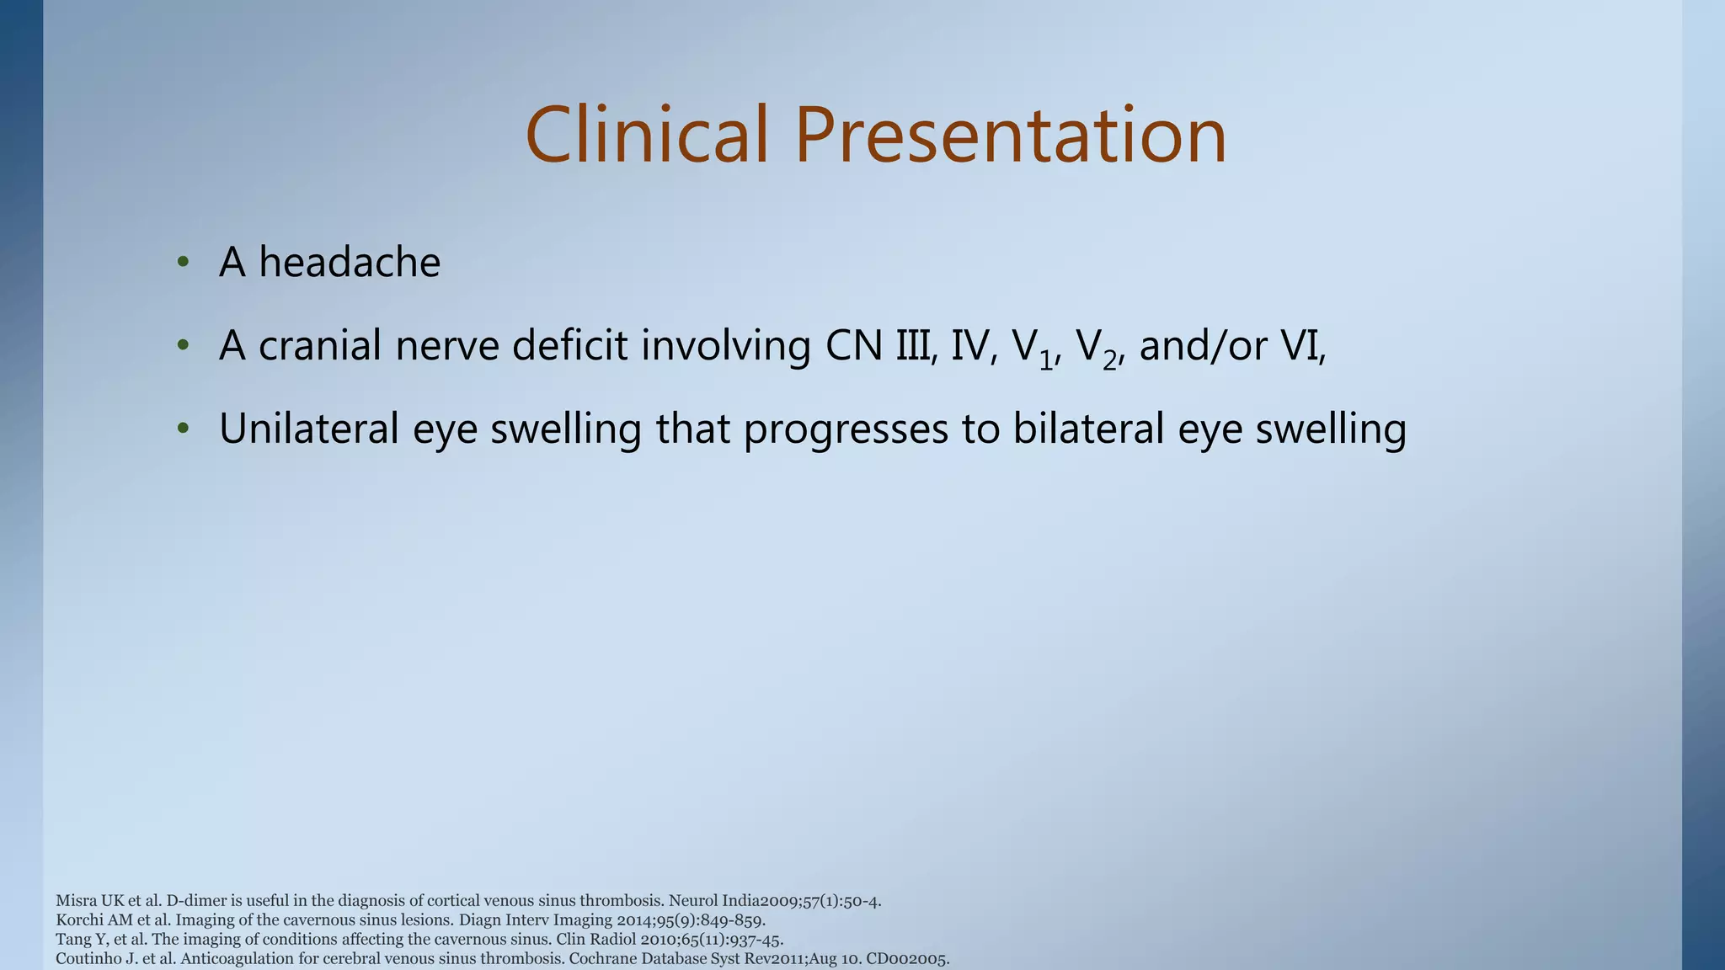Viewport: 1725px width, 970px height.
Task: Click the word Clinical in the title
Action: tap(647, 135)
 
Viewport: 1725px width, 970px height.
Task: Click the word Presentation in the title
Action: tap(1010, 135)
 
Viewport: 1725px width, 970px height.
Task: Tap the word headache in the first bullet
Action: tap(350, 262)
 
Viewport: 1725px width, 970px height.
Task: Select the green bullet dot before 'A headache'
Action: tap(183, 262)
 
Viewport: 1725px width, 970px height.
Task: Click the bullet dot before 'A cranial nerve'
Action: tap(183, 345)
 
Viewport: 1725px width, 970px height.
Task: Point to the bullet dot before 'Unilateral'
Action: tap(183, 429)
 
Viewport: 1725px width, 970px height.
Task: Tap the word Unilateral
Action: tap(308, 429)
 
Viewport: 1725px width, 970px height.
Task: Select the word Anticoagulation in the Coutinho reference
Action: tap(237, 959)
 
